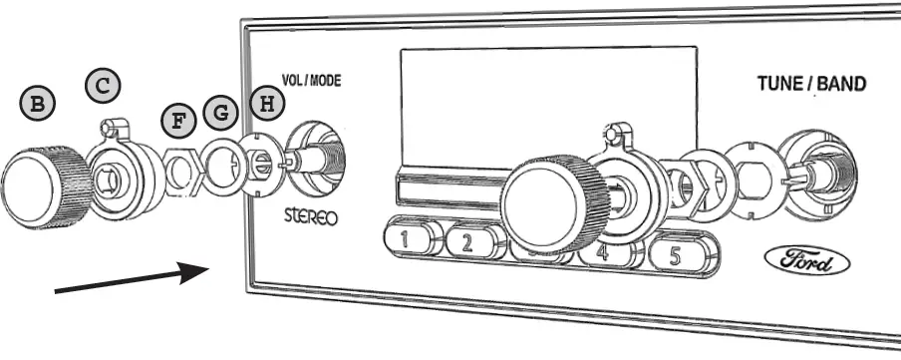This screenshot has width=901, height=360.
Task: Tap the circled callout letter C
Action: pos(103,85)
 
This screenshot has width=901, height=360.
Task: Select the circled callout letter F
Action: pos(179,122)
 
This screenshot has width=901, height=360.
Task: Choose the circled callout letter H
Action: pos(264,102)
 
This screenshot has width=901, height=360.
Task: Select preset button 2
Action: pos(468,242)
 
